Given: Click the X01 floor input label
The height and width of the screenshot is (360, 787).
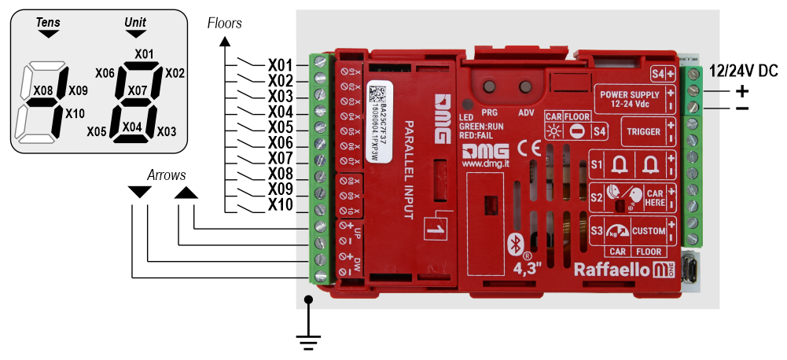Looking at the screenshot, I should coord(281,64).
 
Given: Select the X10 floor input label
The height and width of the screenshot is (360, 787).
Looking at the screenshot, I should coord(281,205).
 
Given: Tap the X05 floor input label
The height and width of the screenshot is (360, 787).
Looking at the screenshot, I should coord(281,127).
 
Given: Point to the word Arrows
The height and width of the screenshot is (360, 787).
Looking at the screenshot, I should coord(167,174).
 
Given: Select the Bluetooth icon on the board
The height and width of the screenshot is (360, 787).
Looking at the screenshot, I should coord(516,242).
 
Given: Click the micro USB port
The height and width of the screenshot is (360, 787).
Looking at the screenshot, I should coord(692,269).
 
